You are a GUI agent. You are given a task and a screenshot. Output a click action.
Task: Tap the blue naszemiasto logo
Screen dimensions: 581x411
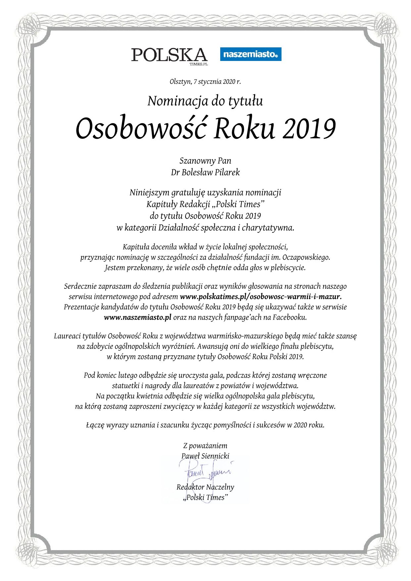[x=251, y=54]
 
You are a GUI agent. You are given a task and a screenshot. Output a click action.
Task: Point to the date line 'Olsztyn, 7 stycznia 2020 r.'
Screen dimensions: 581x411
[x=205, y=81]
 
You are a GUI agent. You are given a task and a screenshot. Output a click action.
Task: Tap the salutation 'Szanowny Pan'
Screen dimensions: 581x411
[x=205, y=161]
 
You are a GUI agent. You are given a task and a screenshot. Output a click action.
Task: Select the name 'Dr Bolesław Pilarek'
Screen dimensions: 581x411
[x=205, y=173]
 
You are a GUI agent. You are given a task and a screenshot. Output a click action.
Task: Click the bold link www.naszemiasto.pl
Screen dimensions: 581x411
[x=137, y=317]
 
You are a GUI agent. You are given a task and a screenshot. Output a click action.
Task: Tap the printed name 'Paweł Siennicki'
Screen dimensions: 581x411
[x=205, y=456]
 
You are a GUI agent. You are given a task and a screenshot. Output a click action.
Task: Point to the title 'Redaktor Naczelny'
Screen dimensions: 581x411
[x=205, y=487]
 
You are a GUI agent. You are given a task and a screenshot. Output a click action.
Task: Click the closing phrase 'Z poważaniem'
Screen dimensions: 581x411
[x=205, y=446]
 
